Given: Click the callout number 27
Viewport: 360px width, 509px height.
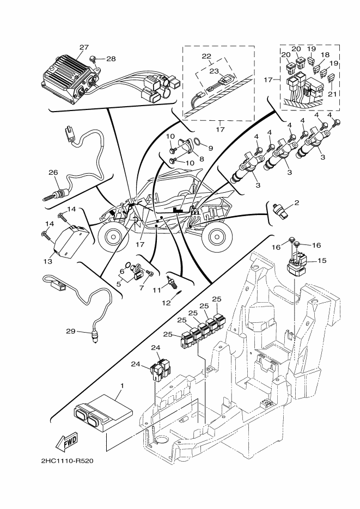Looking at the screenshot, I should point(84,48).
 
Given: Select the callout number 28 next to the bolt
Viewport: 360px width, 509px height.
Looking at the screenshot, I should point(111,59).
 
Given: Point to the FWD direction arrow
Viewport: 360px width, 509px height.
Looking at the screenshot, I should point(68,443).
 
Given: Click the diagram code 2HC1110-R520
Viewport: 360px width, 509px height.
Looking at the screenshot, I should point(67,462).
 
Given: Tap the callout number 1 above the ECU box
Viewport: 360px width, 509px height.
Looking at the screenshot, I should point(121,385).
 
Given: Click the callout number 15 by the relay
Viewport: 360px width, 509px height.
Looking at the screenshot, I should point(321,261).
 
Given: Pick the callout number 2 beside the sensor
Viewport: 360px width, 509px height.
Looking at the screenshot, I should point(296,203).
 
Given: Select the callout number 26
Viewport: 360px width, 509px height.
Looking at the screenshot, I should point(53,173).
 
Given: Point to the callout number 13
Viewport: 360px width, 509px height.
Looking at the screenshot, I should point(48,261).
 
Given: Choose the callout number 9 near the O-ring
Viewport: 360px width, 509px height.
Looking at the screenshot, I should point(210,148).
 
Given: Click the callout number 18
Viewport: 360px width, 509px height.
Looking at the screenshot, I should point(325,56).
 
